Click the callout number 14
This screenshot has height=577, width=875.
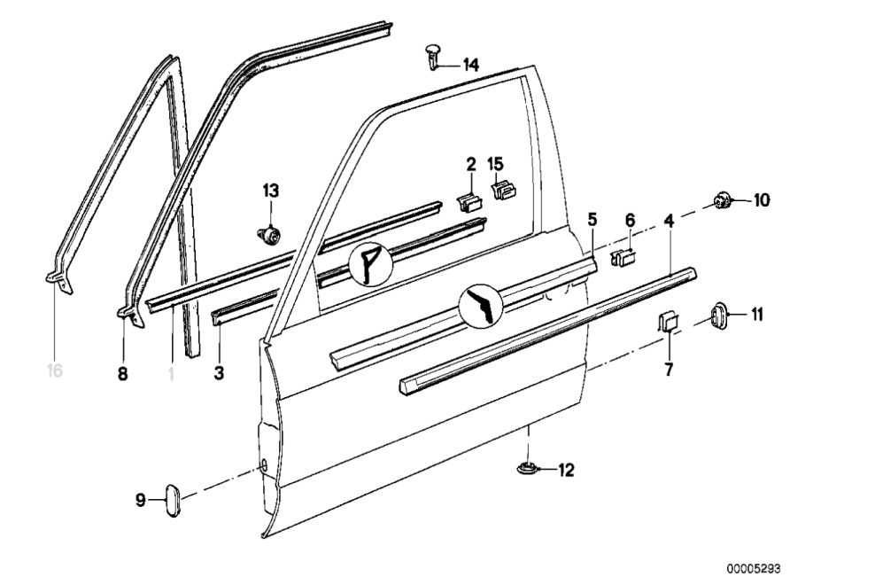(x=470, y=65)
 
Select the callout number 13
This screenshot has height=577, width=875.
(x=270, y=191)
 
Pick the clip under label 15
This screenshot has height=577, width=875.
(x=502, y=190)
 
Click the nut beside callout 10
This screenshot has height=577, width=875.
(x=720, y=201)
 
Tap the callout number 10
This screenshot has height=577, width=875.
(x=762, y=200)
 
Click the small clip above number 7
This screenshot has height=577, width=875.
(x=667, y=321)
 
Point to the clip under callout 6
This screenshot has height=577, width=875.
(x=624, y=258)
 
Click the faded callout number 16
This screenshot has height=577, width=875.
(x=55, y=370)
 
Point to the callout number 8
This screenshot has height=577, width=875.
(x=122, y=374)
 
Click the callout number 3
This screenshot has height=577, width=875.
(x=218, y=374)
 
